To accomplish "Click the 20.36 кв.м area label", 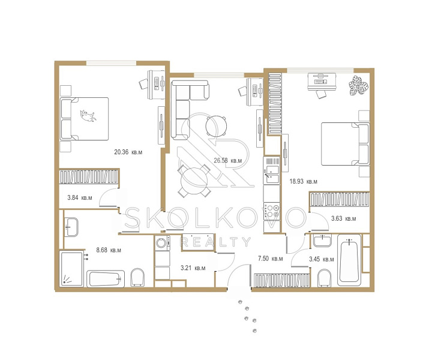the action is click(128, 152).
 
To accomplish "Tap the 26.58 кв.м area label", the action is click(228, 160).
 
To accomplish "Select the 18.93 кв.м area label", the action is click(304, 182).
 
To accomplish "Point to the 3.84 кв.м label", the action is click(80, 197).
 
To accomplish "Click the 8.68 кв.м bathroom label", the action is click(109, 250).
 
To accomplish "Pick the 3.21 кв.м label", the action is click(193, 268).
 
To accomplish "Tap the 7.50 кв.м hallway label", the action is click(270, 259).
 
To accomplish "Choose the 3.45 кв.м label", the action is click(322, 259).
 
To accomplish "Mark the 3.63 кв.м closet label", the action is click(344, 218).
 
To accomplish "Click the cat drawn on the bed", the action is click(88, 116).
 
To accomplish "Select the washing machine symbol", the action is click(162, 243).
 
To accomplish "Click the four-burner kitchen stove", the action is click(272, 211).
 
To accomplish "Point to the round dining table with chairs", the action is click(194, 181).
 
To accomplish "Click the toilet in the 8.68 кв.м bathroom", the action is click(138, 277).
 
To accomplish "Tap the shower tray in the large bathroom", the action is click(71, 269).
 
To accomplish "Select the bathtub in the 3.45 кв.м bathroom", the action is click(349, 260).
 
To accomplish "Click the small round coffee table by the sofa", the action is click(216, 127).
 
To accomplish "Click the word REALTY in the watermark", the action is click(215, 242).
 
